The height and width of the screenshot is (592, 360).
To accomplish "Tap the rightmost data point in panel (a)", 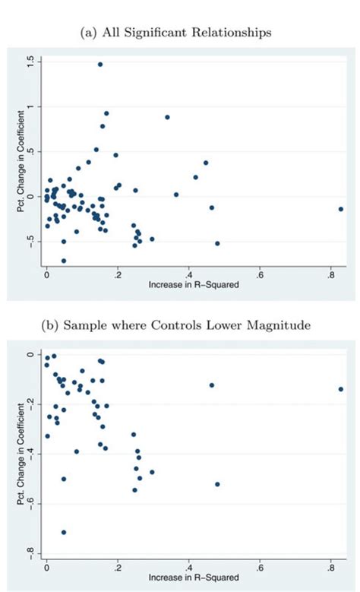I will point(341,209).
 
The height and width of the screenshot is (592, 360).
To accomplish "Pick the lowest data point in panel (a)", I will point(64,261).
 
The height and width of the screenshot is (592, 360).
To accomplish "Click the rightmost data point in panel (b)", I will point(341,389).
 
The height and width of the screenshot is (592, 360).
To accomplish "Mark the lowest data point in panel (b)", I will point(64,533).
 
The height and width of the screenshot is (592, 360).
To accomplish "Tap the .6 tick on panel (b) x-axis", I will point(260,567).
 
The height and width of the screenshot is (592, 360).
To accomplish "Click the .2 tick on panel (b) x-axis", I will point(118,567).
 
